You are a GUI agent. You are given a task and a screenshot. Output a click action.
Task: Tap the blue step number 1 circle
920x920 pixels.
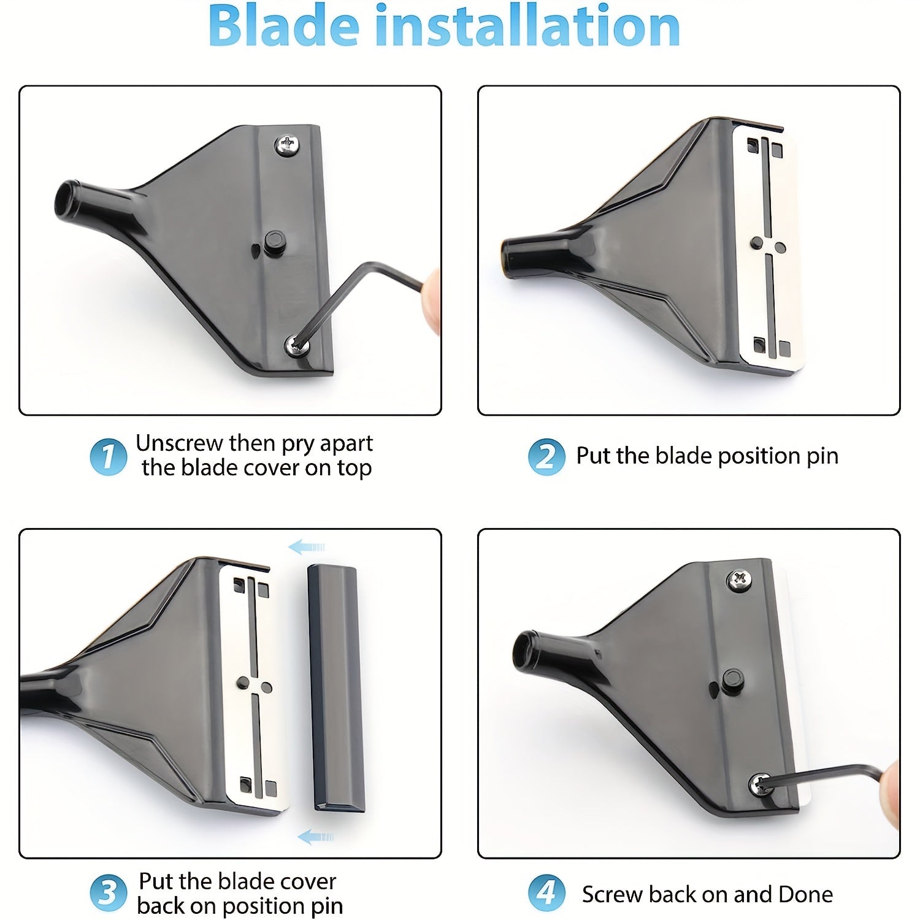[108, 457]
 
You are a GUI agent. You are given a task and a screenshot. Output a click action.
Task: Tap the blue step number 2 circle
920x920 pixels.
[546, 457]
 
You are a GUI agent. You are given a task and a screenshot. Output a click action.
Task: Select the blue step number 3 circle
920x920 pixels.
[108, 894]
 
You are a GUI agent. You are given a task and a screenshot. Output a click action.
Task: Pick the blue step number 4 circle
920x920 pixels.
[546, 894]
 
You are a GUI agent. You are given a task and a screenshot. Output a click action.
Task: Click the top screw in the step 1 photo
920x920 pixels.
[286, 145]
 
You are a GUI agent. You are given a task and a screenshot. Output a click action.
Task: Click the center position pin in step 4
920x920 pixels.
[731, 680]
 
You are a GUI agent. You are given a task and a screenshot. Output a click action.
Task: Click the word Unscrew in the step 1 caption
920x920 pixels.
[178, 443]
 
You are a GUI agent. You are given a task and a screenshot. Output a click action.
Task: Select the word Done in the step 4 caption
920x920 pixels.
[805, 894]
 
